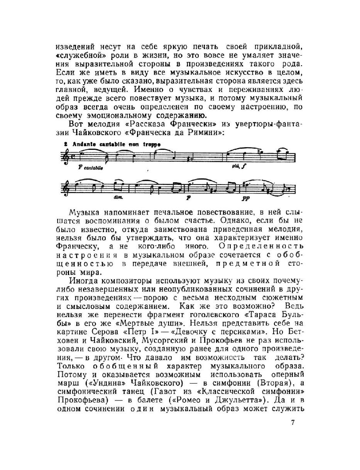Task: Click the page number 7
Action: point(293,422)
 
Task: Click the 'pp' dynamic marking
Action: point(245,198)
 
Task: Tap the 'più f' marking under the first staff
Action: point(236,166)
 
